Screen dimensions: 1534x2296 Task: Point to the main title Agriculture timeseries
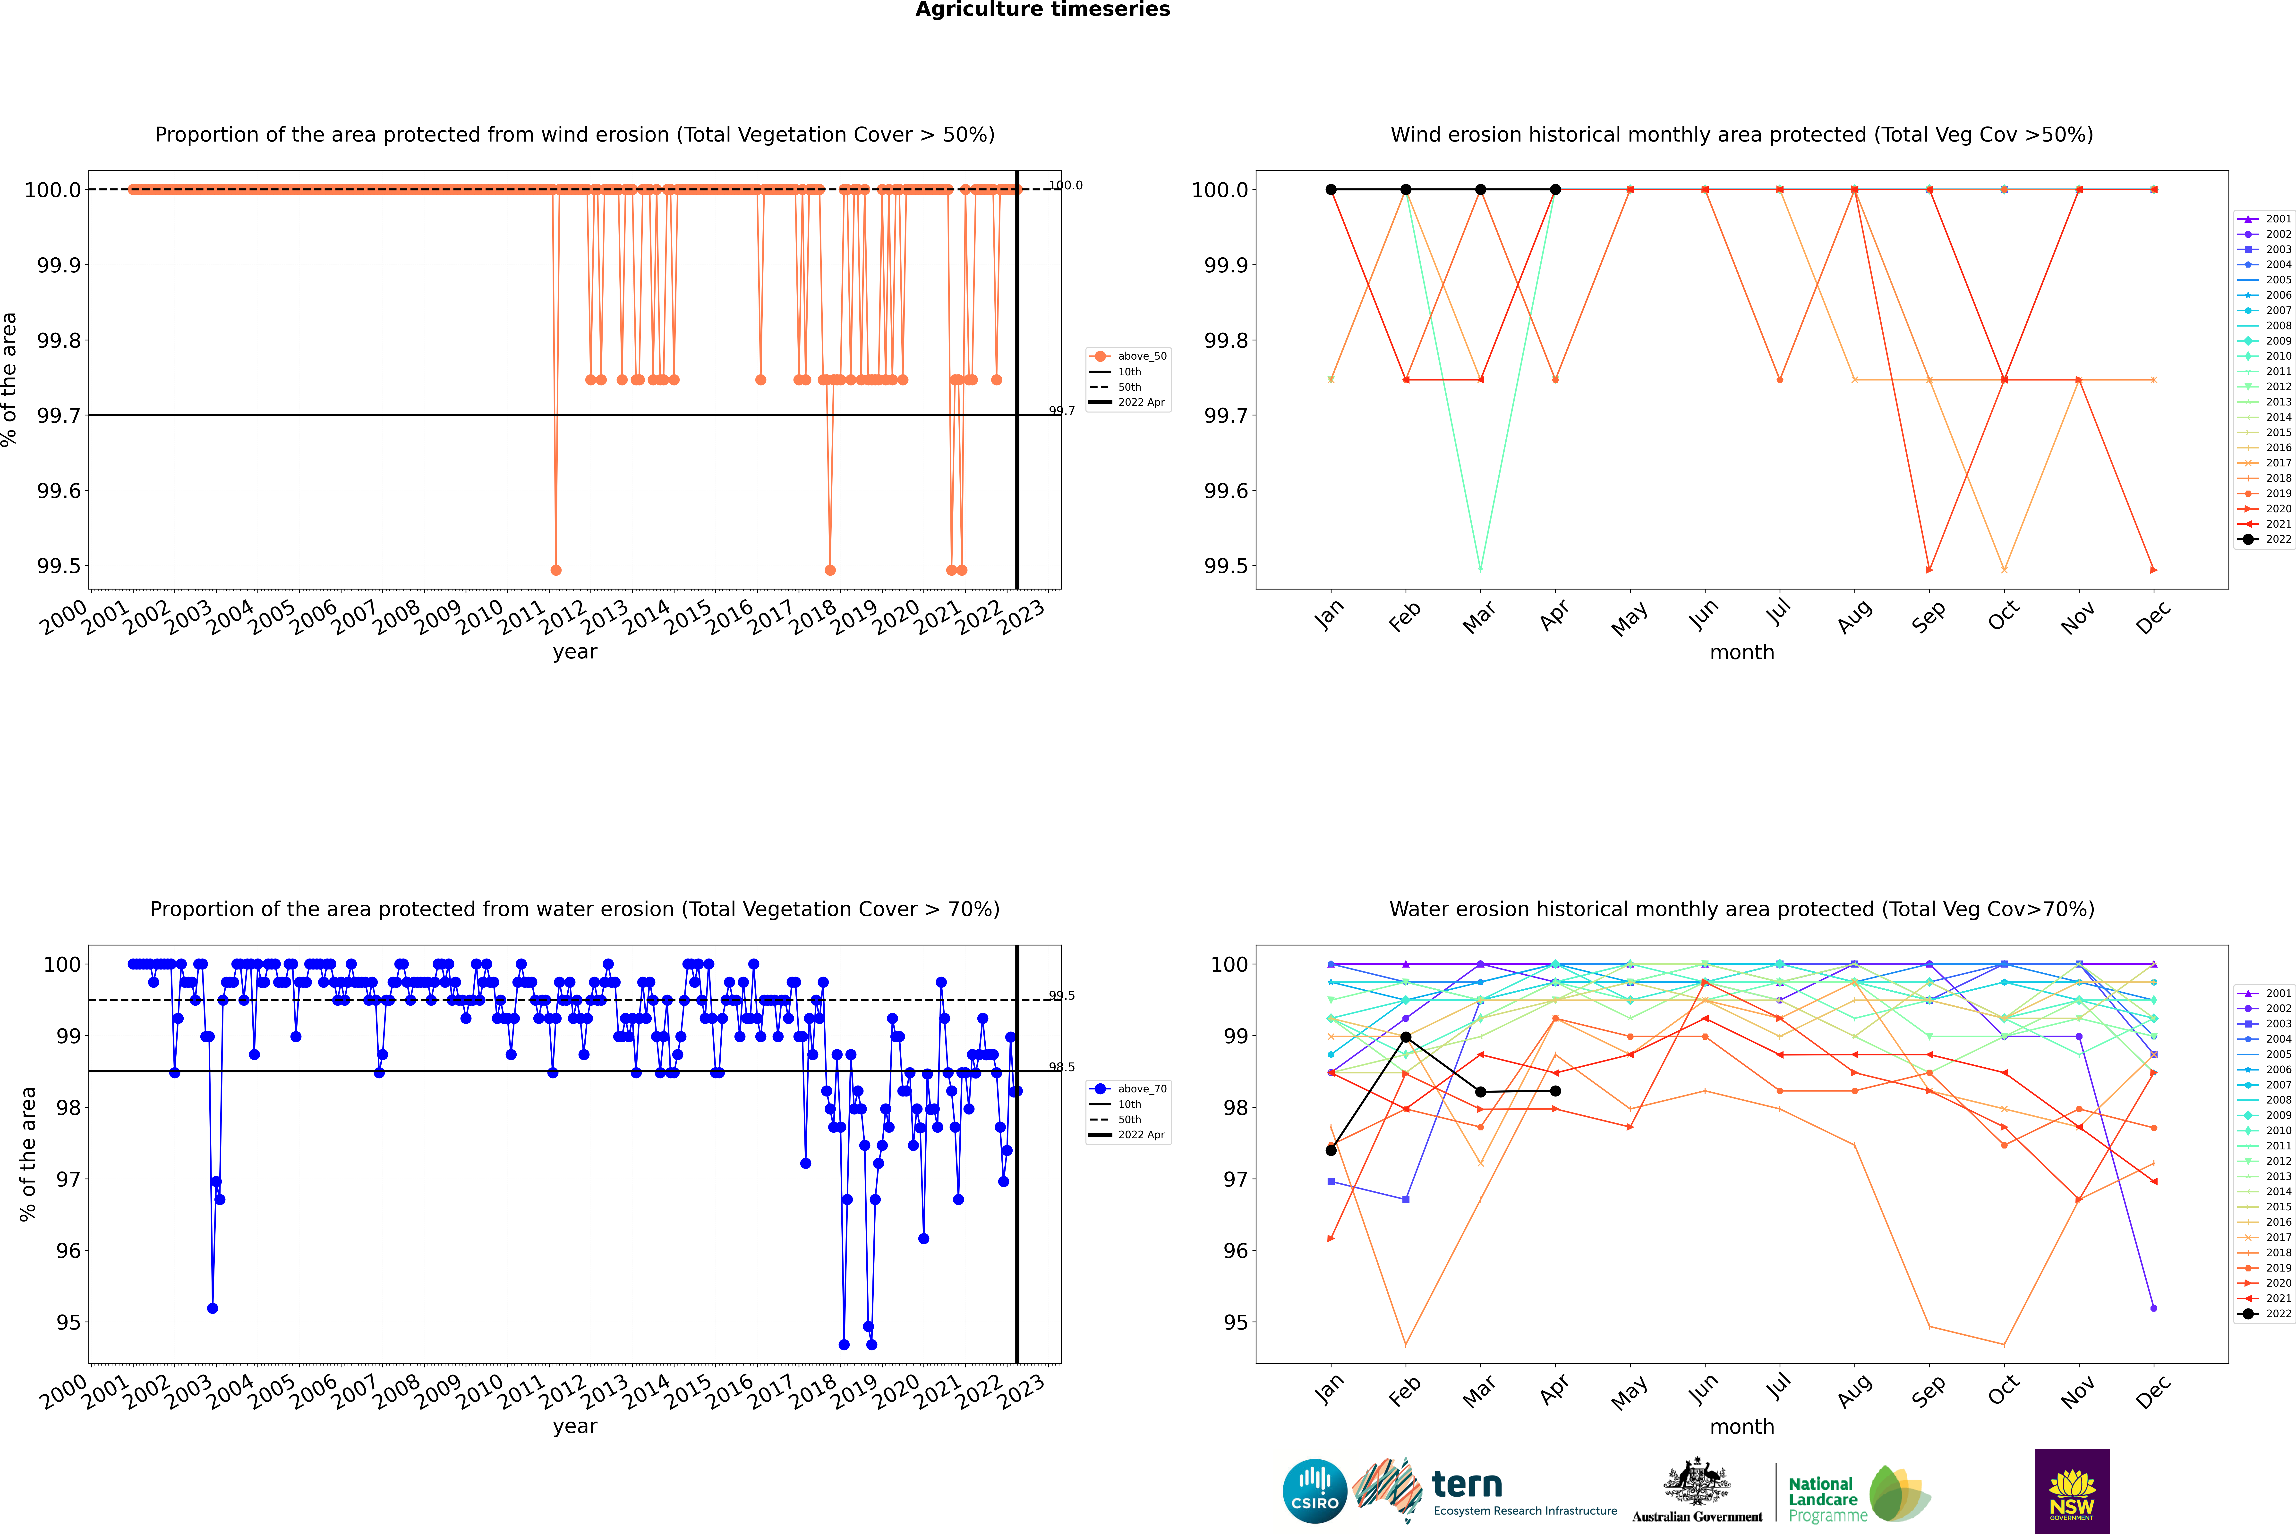(x=1042, y=10)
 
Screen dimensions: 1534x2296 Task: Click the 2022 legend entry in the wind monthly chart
(x=2267, y=539)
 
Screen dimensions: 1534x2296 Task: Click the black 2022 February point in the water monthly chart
(x=1405, y=1037)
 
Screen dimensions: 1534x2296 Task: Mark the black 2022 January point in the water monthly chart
(x=1331, y=1150)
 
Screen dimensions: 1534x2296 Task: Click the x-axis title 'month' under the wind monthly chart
(x=1741, y=653)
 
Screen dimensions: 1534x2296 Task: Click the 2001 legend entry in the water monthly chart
(x=2267, y=993)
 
